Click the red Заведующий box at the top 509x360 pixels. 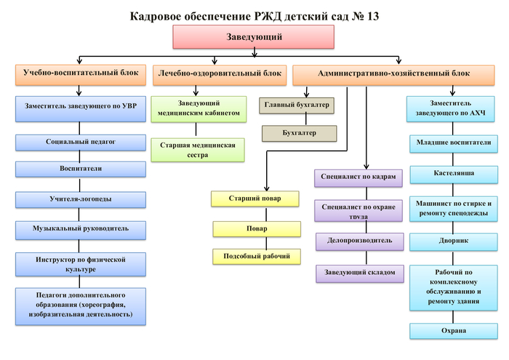click(254, 37)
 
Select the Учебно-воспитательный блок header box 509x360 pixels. click(81, 74)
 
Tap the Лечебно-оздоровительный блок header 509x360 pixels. click(219, 74)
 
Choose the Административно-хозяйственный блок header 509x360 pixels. click(393, 74)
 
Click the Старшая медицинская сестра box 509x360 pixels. click(198, 150)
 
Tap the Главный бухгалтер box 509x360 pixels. click(297, 106)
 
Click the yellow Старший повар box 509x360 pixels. click(254, 199)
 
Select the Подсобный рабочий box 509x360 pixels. click(257, 256)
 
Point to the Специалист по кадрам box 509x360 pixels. click(358, 177)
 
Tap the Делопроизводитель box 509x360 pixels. click(358, 241)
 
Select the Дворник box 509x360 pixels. click(454, 241)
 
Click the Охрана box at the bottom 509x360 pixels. click(454, 332)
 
